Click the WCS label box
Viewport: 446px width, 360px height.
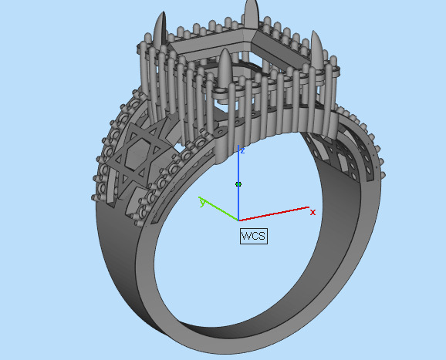point(253,236)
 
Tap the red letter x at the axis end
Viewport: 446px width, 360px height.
point(313,212)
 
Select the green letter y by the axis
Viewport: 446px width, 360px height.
point(202,202)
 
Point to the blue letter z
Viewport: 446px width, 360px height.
point(242,150)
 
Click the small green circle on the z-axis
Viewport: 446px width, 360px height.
point(238,184)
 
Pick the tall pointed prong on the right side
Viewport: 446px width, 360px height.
point(317,42)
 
